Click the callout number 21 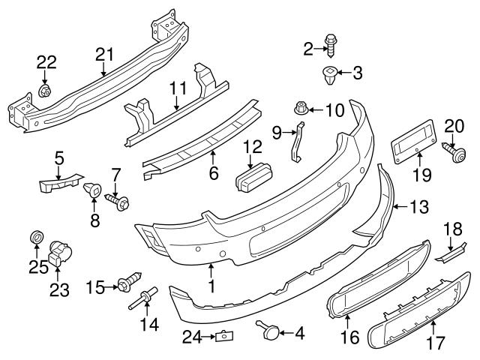[103, 53]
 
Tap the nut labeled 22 [44, 91]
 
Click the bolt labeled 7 [118, 202]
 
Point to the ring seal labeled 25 [36, 238]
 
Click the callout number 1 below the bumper [211, 285]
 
